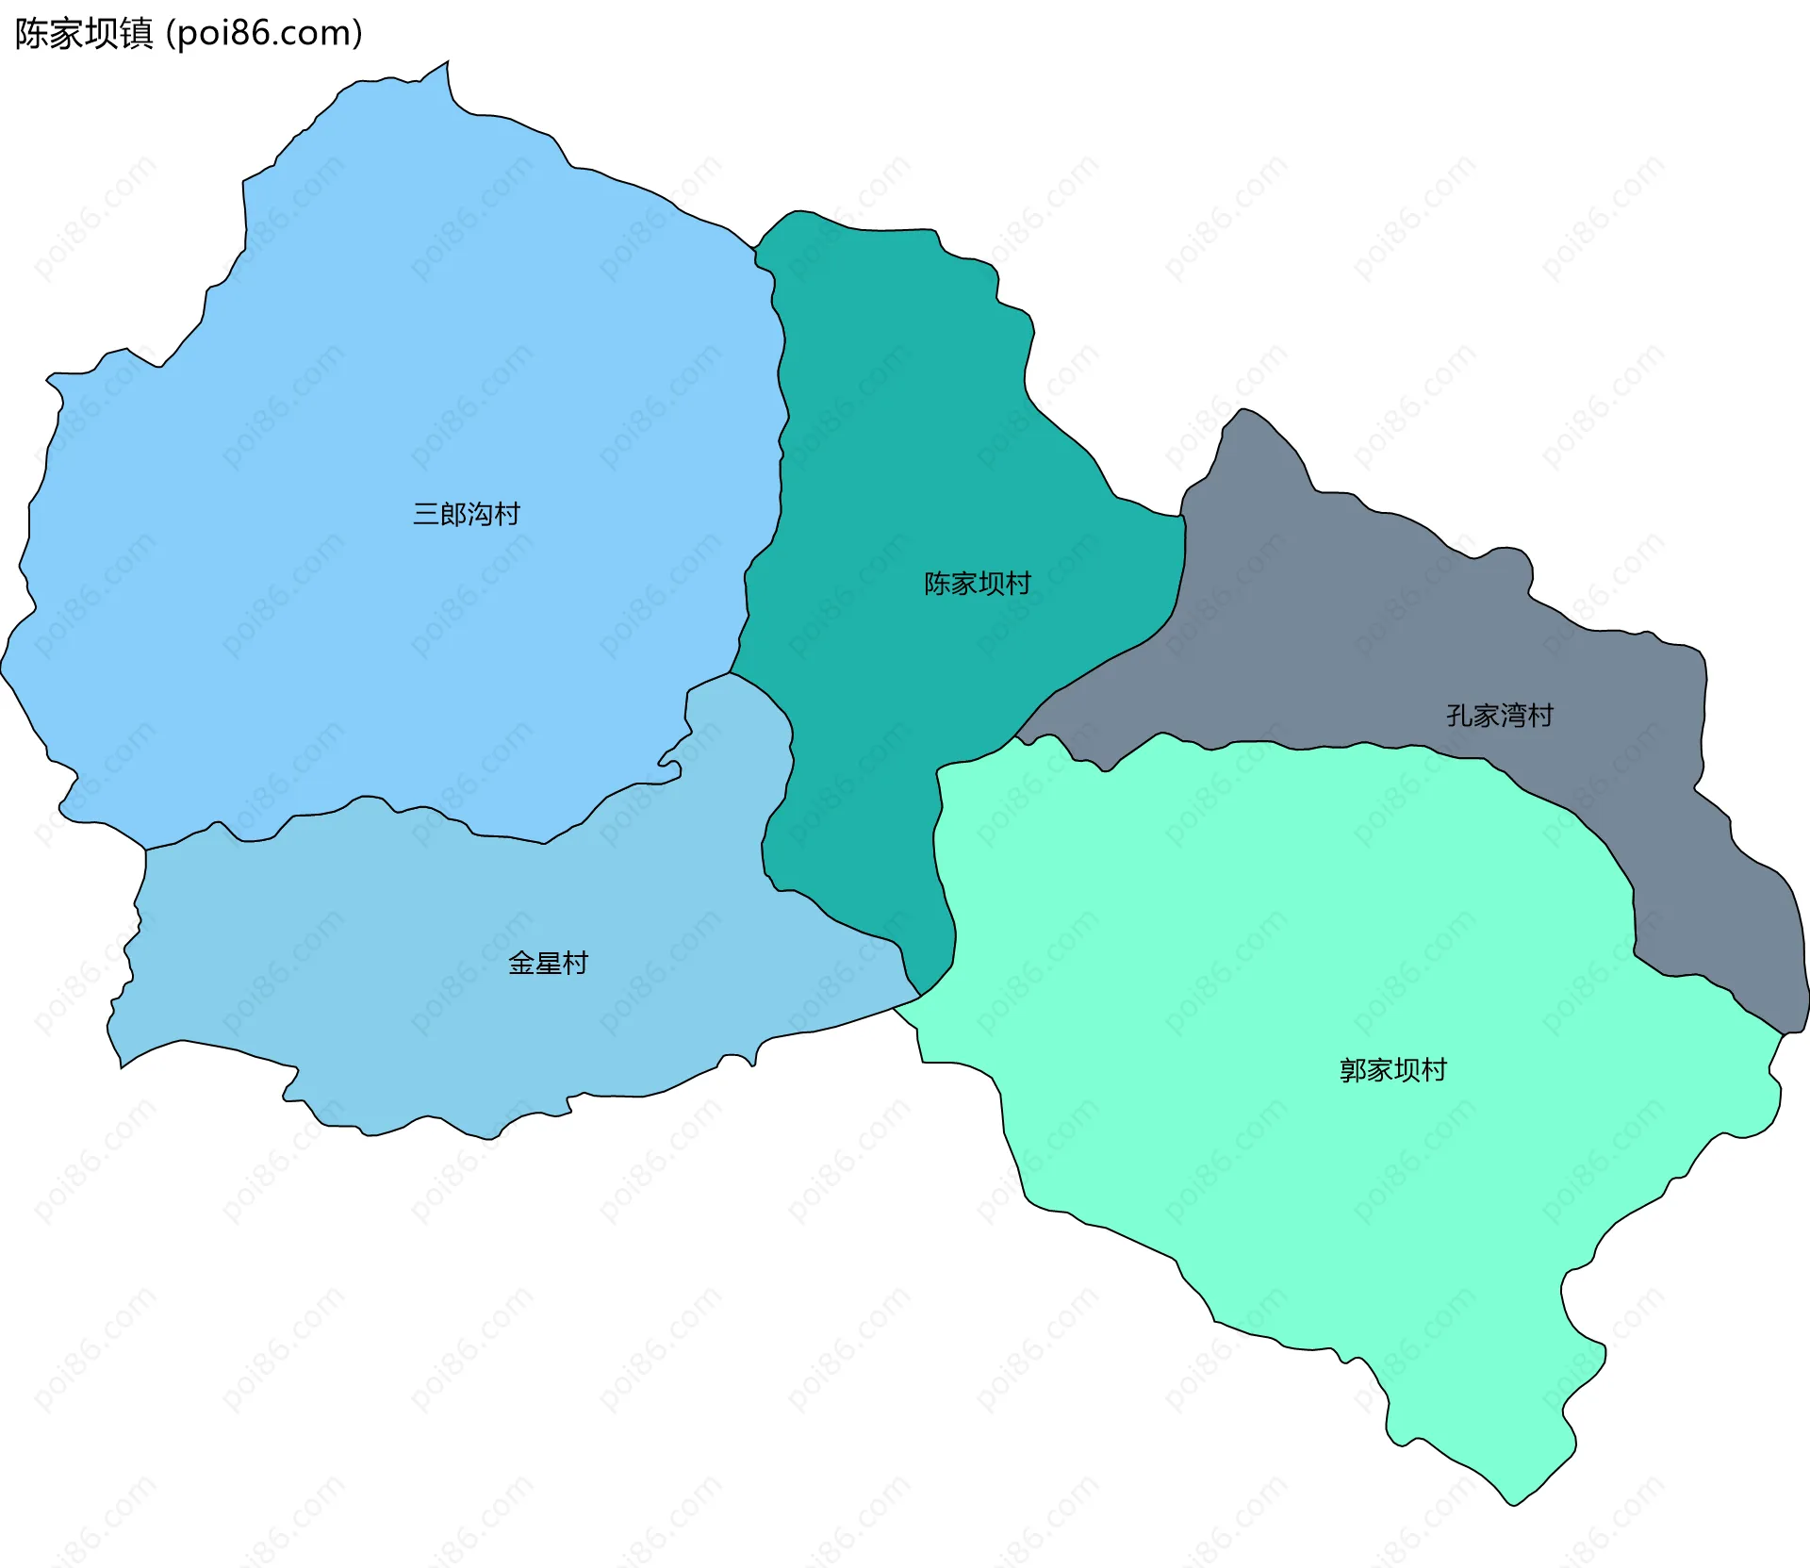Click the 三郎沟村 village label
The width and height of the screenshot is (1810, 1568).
tap(466, 514)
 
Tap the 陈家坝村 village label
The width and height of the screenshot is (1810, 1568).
tap(977, 584)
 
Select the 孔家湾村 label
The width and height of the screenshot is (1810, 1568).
tap(1499, 716)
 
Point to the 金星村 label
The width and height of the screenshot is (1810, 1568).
tap(548, 963)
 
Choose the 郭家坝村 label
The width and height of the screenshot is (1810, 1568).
tap(1392, 1070)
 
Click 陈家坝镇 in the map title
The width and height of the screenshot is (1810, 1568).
tap(83, 34)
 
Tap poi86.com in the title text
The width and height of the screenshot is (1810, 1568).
tap(263, 34)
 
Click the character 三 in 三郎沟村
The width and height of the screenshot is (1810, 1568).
tap(426, 514)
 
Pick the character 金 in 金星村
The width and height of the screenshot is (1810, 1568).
tap(521, 963)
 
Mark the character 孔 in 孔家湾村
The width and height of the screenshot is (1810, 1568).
tap(1459, 716)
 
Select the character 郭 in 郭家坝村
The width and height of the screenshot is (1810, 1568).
tap(1353, 1070)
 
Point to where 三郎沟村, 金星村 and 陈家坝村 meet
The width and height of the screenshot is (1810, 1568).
tap(731, 672)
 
